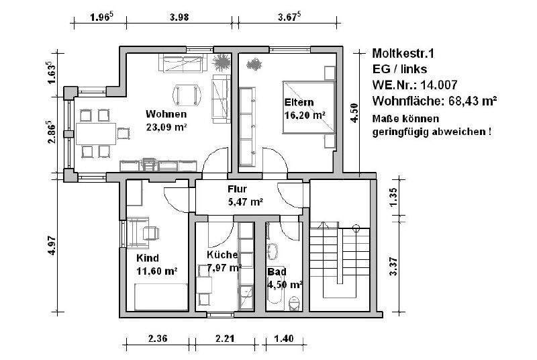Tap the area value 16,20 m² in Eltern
(305, 116)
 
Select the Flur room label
(238, 189)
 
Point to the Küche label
(222, 255)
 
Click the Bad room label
(275, 272)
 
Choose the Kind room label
(148, 259)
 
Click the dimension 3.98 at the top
(178, 19)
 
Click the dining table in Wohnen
(94, 132)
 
